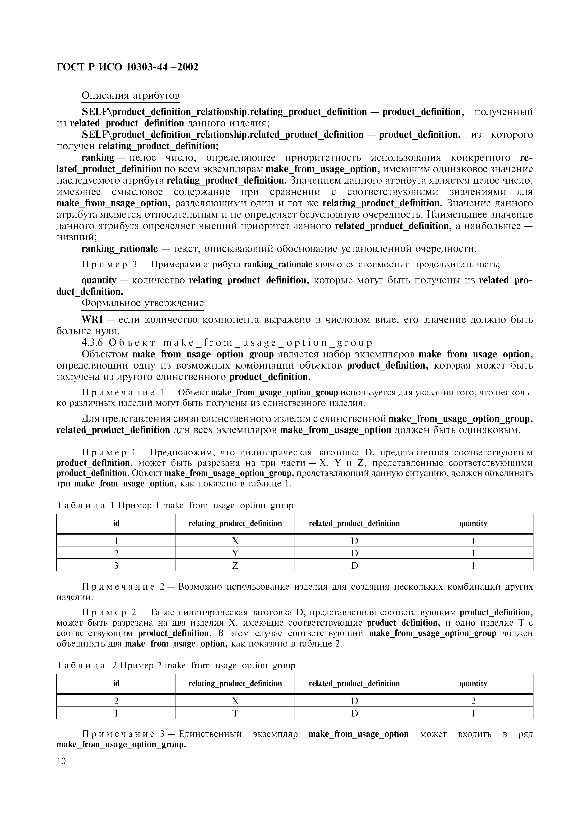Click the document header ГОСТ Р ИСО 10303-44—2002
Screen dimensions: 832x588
tap(128, 67)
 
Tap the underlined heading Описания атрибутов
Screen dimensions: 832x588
tap(130, 95)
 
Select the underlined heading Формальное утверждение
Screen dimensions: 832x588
tap(143, 303)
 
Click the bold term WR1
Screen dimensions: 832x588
tap(93, 320)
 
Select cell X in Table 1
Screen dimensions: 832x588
tap(235, 541)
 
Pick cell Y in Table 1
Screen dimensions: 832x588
tap(235, 553)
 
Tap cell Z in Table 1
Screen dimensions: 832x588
tap(235, 566)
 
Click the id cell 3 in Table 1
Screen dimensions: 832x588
tap(116, 566)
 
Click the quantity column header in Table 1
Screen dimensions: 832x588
tap(473, 524)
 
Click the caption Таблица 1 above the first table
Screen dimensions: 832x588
tap(85, 505)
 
